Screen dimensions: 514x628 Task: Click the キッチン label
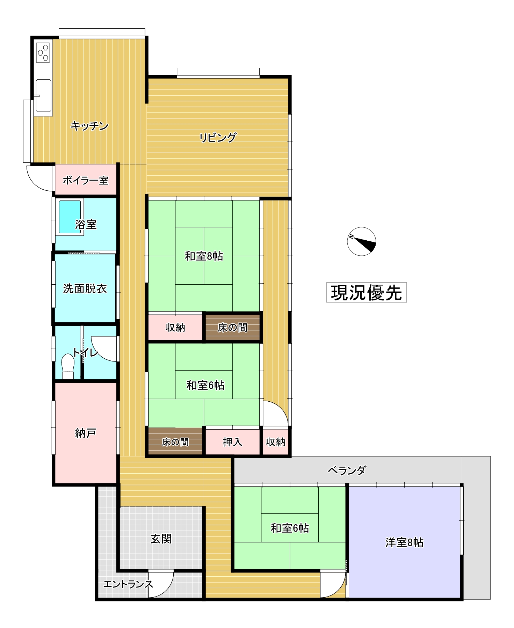pos(89,126)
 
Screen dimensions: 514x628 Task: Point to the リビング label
pos(218,137)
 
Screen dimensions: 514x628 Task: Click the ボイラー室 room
pos(86,180)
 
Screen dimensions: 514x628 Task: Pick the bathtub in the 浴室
pos(70,217)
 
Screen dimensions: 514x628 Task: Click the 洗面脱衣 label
pos(85,289)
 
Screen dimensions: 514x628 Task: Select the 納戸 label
pos(86,433)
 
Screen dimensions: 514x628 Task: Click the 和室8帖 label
pos(204,256)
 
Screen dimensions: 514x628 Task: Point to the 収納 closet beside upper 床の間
pos(175,327)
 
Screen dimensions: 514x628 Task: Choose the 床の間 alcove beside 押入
pos(175,441)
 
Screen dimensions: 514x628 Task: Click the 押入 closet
pos(232,441)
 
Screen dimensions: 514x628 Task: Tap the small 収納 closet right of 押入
pos(276,441)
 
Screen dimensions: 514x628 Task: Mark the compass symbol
pos(362,241)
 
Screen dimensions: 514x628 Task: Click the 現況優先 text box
pos(366,292)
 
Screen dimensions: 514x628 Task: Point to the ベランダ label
pos(347,470)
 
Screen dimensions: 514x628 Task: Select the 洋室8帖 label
pos(405,542)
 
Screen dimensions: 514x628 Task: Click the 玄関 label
pos(161,539)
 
